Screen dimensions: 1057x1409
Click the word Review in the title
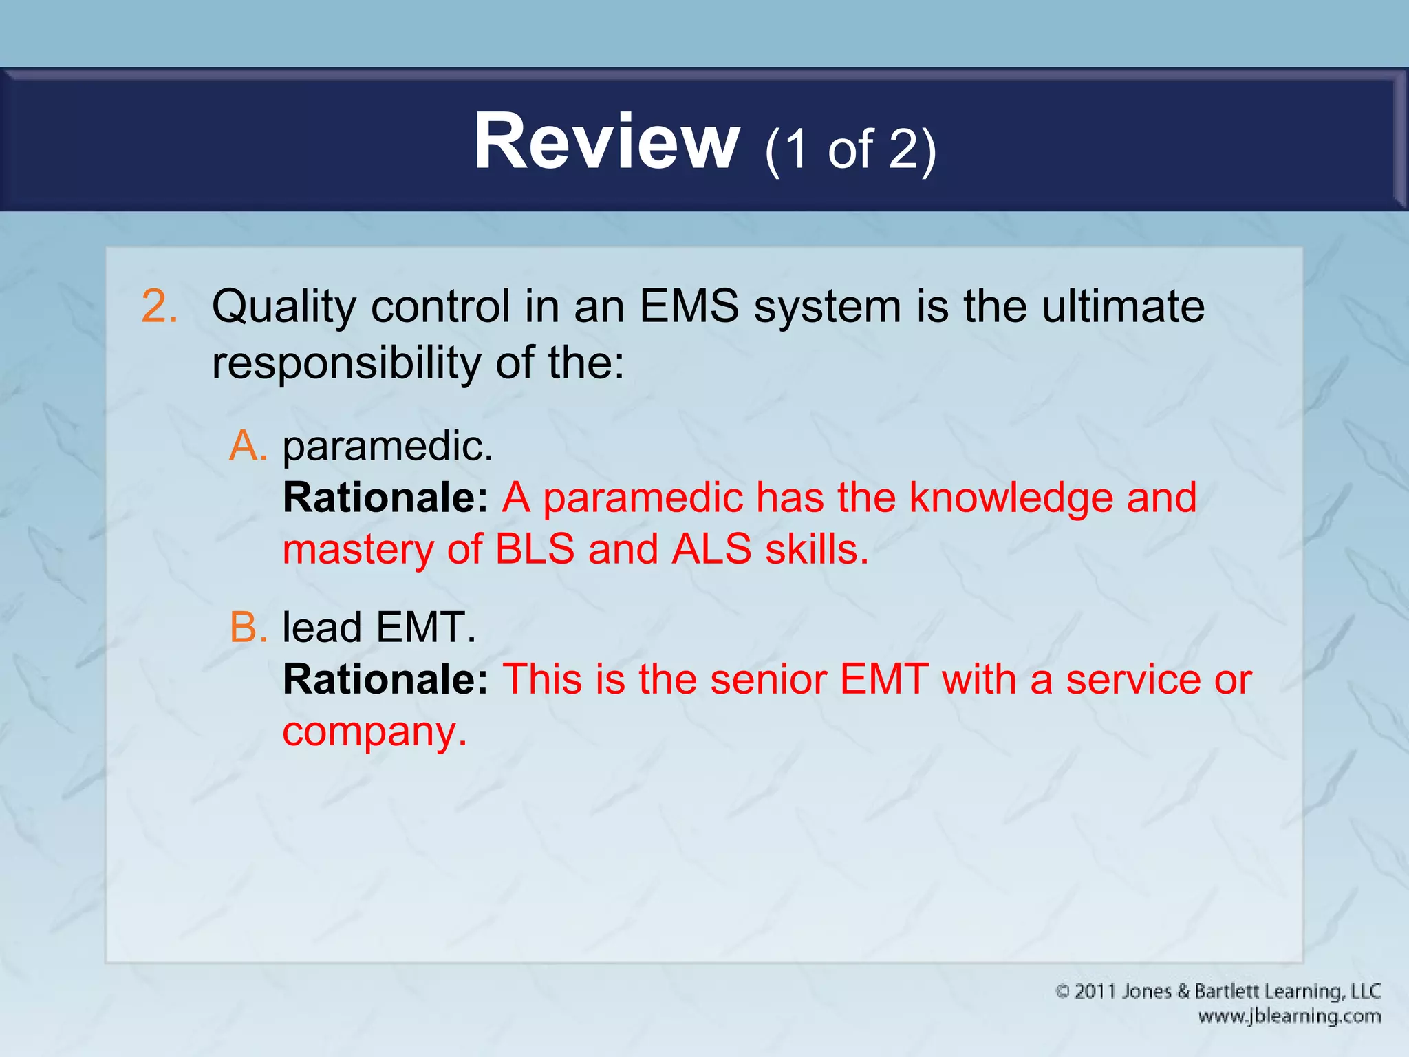pyautogui.click(x=606, y=142)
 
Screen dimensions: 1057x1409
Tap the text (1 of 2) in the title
pyautogui.click(x=850, y=149)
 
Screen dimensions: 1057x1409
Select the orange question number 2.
pyautogui.click(x=159, y=306)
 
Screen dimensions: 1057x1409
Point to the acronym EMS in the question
pyautogui.click(x=689, y=306)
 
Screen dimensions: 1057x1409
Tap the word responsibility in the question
pyautogui.click(x=346, y=363)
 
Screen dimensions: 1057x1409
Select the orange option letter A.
pyautogui.click(x=248, y=446)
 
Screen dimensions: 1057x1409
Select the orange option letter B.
pyautogui.click(x=248, y=628)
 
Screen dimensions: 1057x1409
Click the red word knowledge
pyautogui.click(x=1011, y=498)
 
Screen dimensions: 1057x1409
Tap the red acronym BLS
pyautogui.click(x=535, y=550)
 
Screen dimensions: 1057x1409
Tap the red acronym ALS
pyautogui.click(x=711, y=550)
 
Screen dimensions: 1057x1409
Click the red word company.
pyautogui.click(x=374, y=732)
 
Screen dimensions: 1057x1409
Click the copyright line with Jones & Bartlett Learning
pyautogui.click(x=1218, y=992)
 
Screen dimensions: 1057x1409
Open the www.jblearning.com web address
pyautogui.click(x=1289, y=1016)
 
